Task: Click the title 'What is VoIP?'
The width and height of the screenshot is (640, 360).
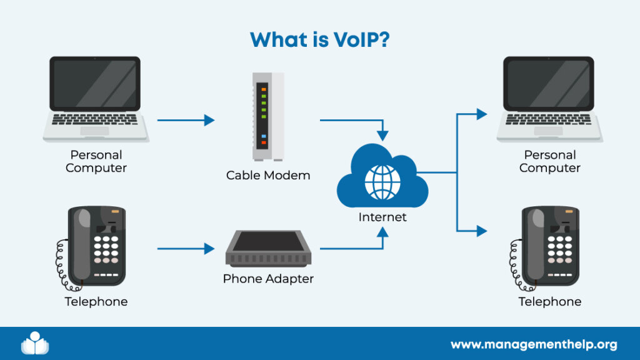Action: (319, 39)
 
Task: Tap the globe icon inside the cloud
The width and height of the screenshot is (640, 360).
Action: (382, 182)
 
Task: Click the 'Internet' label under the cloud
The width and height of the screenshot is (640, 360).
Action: (382, 217)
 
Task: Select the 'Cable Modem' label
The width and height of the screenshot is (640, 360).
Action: (268, 176)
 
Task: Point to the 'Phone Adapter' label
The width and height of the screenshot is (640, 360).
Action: (268, 279)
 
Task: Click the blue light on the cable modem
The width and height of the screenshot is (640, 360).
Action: (264, 136)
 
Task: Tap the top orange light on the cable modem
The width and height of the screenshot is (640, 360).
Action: (264, 89)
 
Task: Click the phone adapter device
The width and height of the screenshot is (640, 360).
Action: (268, 248)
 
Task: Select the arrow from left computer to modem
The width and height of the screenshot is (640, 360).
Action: (186, 120)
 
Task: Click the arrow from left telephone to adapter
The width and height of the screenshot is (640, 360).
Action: (186, 249)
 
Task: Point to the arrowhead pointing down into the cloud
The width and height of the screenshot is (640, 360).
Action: (382, 136)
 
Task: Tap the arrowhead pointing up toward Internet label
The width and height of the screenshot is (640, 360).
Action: (382, 232)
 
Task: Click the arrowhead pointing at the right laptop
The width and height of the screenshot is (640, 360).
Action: (482, 114)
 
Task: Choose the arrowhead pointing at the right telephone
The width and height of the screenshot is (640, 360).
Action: (482, 231)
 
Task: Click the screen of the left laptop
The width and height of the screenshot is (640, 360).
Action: (95, 84)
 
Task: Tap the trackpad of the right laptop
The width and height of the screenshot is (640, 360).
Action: (548, 131)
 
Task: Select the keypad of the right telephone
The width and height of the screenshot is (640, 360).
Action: (559, 249)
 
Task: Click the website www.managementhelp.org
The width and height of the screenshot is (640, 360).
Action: (534, 345)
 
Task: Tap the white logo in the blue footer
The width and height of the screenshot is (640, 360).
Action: (35, 343)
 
